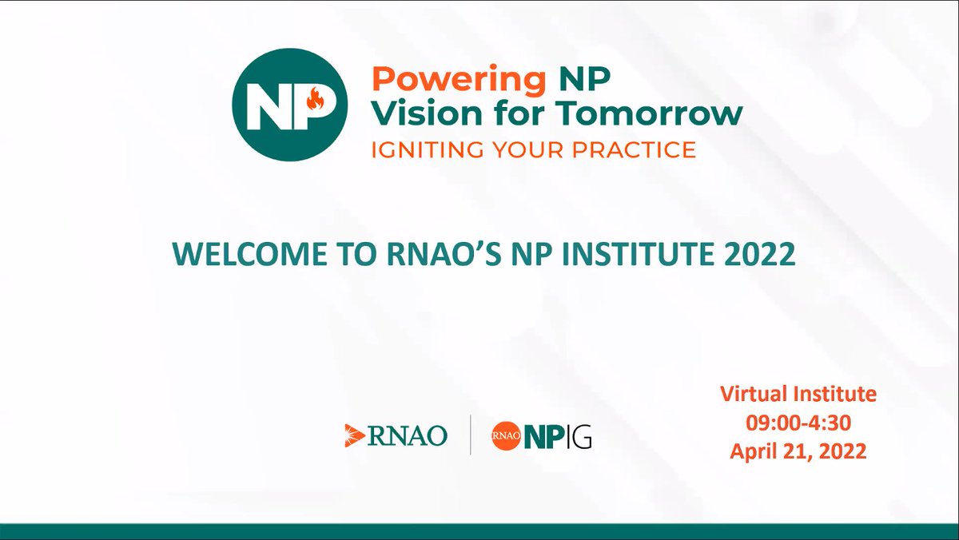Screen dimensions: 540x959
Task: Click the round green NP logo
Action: tap(290, 105)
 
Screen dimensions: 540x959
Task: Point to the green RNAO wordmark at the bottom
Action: tap(408, 435)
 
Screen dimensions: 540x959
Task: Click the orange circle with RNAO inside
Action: tap(507, 435)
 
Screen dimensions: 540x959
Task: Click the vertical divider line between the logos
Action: tap(470, 435)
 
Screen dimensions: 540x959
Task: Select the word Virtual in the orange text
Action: tap(756, 394)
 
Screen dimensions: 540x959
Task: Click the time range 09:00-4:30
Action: tap(798, 423)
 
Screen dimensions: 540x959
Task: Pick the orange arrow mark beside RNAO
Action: tap(355, 435)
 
